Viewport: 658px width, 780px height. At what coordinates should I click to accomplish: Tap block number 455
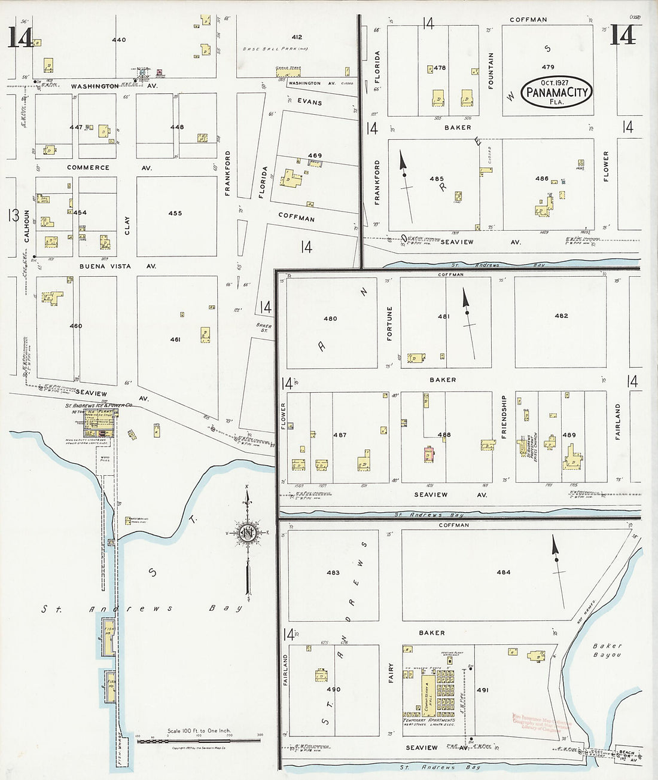(x=175, y=213)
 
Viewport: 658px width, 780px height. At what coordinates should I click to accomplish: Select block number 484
(x=504, y=572)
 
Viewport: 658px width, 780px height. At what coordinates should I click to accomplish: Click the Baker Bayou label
(x=608, y=650)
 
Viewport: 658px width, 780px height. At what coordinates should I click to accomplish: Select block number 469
(x=315, y=155)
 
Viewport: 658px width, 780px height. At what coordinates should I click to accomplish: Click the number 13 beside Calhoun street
(x=13, y=215)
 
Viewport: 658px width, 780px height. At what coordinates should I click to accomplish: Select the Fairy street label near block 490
(x=391, y=673)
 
